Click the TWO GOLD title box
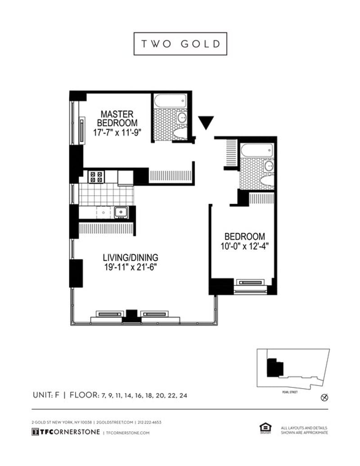[x=180, y=44]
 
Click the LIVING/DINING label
[x=130, y=258]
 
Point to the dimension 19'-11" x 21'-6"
[x=130, y=267]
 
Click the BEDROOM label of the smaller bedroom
[x=245, y=237]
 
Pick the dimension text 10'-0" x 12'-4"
[x=245, y=246]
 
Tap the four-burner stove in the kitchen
[x=95, y=177]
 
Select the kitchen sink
[x=121, y=212]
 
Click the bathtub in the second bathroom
[x=256, y=150]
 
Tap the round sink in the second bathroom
[x=269, y=166]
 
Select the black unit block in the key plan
[x=273, y=367]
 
